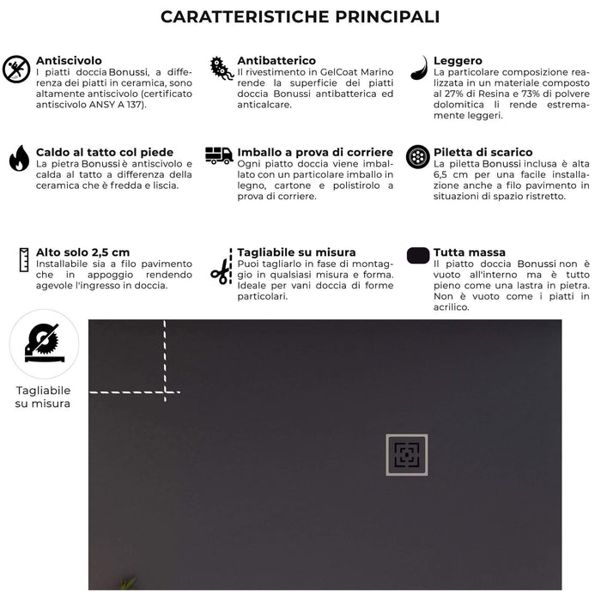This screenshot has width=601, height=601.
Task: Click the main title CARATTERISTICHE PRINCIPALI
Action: point(300,17)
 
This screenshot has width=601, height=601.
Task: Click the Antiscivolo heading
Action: point(69,61)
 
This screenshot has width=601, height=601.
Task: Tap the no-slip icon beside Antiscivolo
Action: point(16,69)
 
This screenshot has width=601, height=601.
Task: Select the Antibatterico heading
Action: point(276,61)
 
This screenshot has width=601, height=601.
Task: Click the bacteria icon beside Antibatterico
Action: point(222,69)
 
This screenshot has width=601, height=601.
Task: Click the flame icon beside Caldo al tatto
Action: point(19,158)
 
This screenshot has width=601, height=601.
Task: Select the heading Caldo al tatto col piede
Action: point(105,152)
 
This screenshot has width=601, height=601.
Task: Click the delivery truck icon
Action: point(219,155)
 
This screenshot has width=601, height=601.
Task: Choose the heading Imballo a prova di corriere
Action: point(315,152)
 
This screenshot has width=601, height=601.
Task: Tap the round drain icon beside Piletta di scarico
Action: point(418,156)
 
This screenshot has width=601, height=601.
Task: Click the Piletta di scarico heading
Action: point(483,152)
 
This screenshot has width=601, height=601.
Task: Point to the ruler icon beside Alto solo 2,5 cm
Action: point(24,259)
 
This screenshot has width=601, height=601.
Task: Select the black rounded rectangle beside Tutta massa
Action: point(418,255)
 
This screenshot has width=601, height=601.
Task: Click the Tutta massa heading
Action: point(470,252)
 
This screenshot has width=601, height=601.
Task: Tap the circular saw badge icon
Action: point(44,344)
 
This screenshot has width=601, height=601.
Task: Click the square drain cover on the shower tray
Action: point(406,455)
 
